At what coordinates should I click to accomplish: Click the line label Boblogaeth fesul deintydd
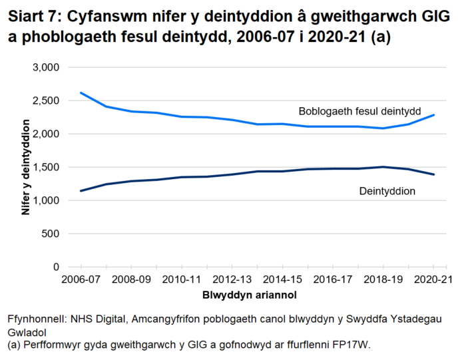[x=359, y=110]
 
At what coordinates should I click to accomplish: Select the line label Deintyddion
[x=387, y=191]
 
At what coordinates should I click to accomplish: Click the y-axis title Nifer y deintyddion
[x=26, y=167]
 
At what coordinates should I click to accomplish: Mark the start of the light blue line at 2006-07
[x=81, y=93]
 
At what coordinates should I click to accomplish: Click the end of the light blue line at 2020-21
[x=435, y=115]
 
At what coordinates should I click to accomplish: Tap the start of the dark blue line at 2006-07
[x=81, y=191]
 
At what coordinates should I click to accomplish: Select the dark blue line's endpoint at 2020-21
[x=435, y=174]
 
